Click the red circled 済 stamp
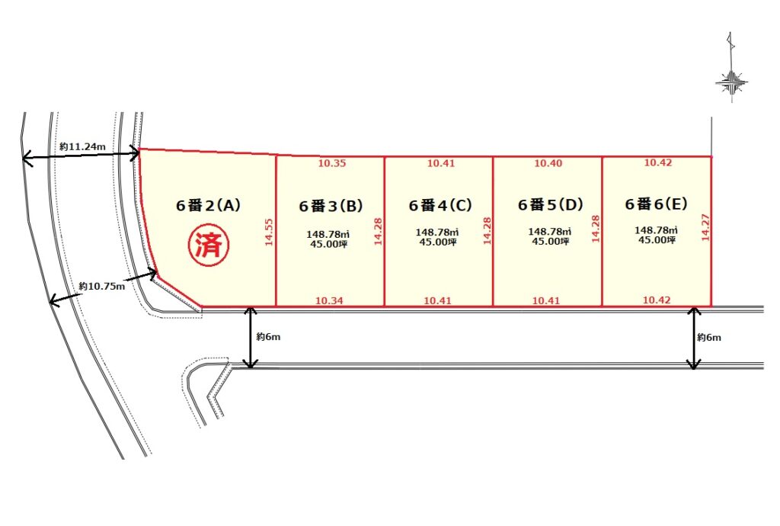[x=209, y=245]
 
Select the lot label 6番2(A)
[x=209, y=205]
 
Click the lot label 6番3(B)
[x=331, y=206]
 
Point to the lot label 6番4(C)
[x=440, y=205]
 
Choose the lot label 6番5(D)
[x=550, y=204]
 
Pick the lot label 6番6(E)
[x=657, y=204]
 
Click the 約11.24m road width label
[x=82, y=147]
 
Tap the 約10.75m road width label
[x=102, y=286]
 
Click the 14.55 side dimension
[x=269, y=232]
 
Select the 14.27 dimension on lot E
[x=705, y=227]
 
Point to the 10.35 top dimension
[x=332, y=163]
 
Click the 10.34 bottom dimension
[x=329, y=300]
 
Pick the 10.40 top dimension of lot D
[x=548, y=163]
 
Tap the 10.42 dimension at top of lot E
[x=658, y=162]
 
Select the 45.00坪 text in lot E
[x=657, y=240]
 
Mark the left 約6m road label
[x=269, y=337]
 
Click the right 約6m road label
[x=709, y=338]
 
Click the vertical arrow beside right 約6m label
[x=694, y=338]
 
